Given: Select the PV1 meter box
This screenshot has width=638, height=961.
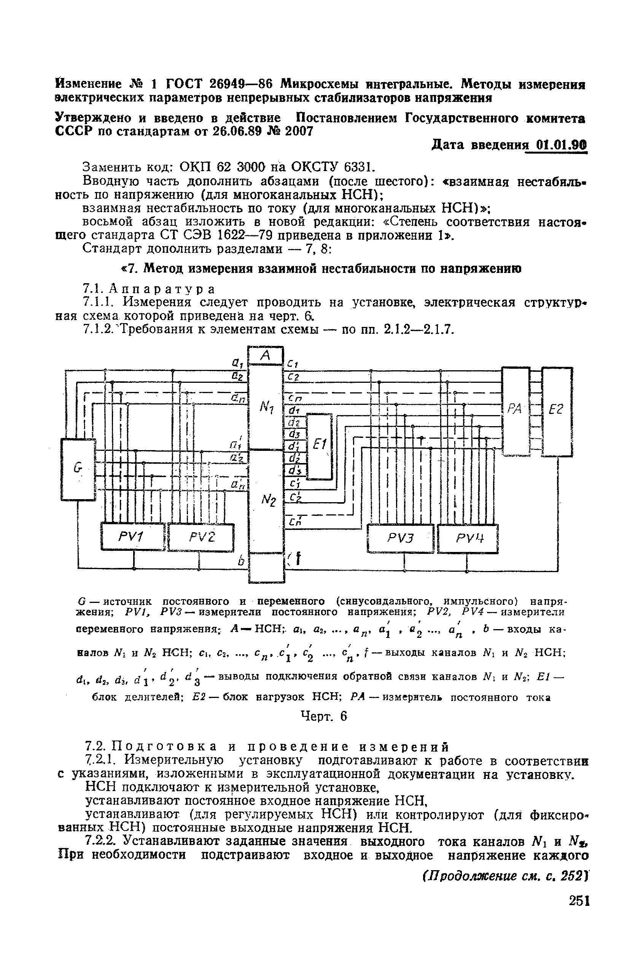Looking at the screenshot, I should [133, 537].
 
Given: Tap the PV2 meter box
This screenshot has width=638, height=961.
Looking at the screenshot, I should [201, 537].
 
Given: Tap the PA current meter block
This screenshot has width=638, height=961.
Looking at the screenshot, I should [515, 410].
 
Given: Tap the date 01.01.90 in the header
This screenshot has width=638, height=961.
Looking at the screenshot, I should [562, 146].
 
